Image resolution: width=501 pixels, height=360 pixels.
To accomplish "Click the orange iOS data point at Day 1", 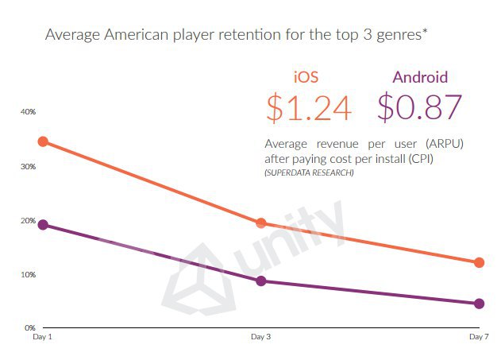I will pos(43,141).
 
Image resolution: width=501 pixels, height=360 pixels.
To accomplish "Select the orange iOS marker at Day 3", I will pos(261,223).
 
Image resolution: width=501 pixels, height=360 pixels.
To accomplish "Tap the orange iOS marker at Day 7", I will pos(479,262).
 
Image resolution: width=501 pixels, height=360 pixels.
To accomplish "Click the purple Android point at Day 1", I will pos(43,225).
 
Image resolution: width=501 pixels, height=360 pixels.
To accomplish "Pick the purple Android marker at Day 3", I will pos(261,281).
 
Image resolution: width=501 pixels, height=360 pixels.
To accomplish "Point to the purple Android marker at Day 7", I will pos(479,304).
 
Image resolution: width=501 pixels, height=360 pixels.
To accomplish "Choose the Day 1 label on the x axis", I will pos(42,339).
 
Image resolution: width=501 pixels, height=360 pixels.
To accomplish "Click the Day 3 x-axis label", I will pos(260,339).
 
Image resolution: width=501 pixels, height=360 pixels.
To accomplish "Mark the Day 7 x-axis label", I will pos(478,339).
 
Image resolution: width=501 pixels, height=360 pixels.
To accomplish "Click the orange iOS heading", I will pos(306,77).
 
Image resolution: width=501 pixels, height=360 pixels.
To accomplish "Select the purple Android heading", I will pos(420,77).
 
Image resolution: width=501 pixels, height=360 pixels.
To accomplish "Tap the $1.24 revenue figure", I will pos(309,107).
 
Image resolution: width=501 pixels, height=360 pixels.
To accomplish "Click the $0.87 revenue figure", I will pos(420,107).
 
